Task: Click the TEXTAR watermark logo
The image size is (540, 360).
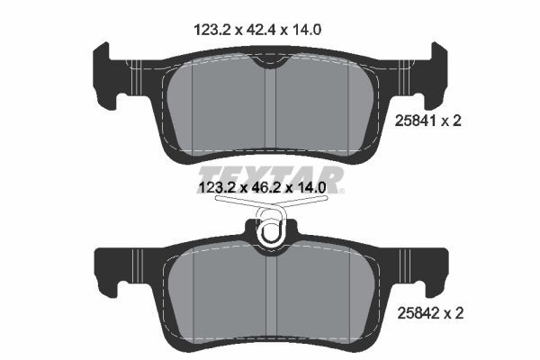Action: pyautogui.click(x=269, y=175)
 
